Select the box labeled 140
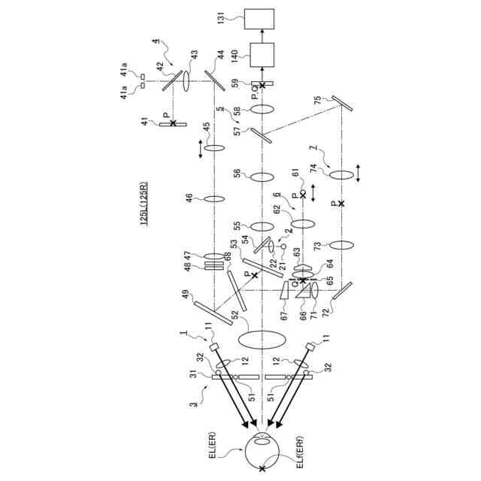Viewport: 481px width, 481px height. point(262,55)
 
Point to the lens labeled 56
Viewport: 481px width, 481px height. point(262,177)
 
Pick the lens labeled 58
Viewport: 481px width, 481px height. point(262,110)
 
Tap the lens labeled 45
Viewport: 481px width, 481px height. point(214,149)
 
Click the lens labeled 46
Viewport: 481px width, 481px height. point(214,199)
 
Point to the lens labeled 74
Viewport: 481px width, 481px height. point(343,174)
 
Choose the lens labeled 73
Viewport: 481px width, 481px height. point(343,245)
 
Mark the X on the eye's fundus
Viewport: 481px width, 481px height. point(262,468)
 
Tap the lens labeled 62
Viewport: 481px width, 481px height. point(303,223)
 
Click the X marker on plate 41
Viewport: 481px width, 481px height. point(174,122)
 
